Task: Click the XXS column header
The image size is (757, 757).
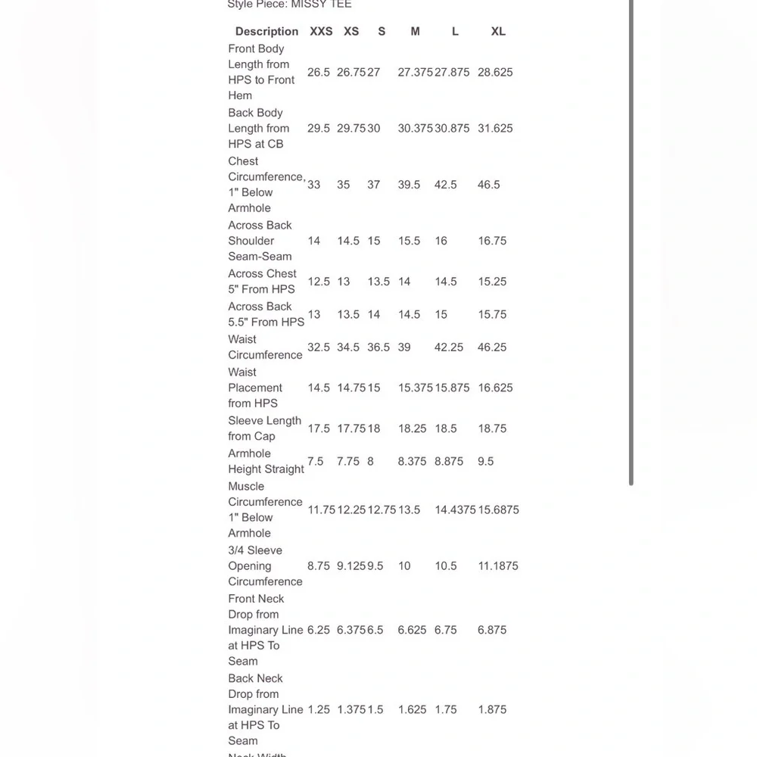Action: click(x=321, y=31)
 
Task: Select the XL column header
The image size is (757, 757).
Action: click(x=498, y=31)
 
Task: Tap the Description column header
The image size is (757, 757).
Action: click(x=266, y=31)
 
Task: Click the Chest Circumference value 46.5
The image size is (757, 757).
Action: click(x=489, y=185)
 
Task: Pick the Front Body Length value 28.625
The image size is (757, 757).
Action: click(x=495, y=73)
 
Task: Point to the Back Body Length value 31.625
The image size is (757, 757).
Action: click(x=495, y=129)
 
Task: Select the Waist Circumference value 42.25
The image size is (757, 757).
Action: click(x=449, y=347)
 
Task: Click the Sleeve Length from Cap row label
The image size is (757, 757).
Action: click(x=265, y=428)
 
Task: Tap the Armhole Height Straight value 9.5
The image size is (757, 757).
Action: click(x=486, y=461)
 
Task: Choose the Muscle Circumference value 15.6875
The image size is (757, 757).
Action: click(x=498, y=510)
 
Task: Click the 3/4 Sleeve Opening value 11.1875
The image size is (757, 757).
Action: click(x=498, y=566)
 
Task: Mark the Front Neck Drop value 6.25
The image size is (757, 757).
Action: click(x=319, y=630)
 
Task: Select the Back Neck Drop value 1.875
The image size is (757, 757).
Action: click(x=492, y=710)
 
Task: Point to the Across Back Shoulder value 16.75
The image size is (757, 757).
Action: click(x=492, y=241)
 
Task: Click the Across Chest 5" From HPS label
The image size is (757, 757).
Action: click(x=262, y=282)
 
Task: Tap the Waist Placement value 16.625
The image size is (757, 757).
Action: click(x=495, y=388)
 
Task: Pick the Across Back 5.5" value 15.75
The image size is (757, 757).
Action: click(x=492, y=314)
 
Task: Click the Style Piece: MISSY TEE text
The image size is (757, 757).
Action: click(x=289, y=5)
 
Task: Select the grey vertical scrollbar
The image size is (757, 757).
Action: click(x=631, y=242)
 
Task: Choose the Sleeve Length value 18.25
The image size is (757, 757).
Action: click(x=413, y=428)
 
